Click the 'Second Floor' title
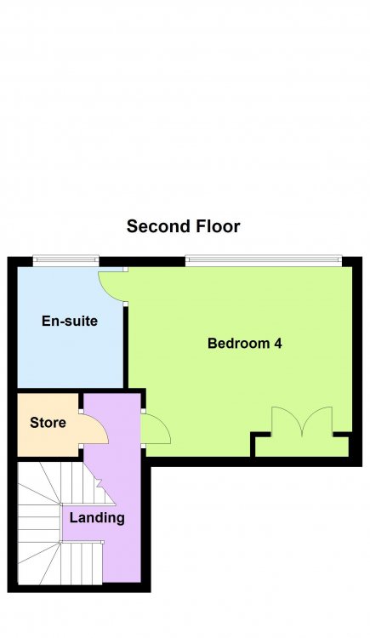[x=183, y=226]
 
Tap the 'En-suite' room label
[x=70, y=321]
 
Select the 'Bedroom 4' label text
[x=245, y=344]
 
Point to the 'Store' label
[x=48, y=422]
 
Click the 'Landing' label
[x=97, y=518]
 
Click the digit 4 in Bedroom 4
[x=278, y=344]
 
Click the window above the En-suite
[x=66, y=260]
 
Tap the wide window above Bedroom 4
[x=264, y=260]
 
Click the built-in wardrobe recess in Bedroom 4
[x=302, y=447]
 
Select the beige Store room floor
[x=48, y=424]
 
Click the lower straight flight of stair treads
[x=82, y=563]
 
